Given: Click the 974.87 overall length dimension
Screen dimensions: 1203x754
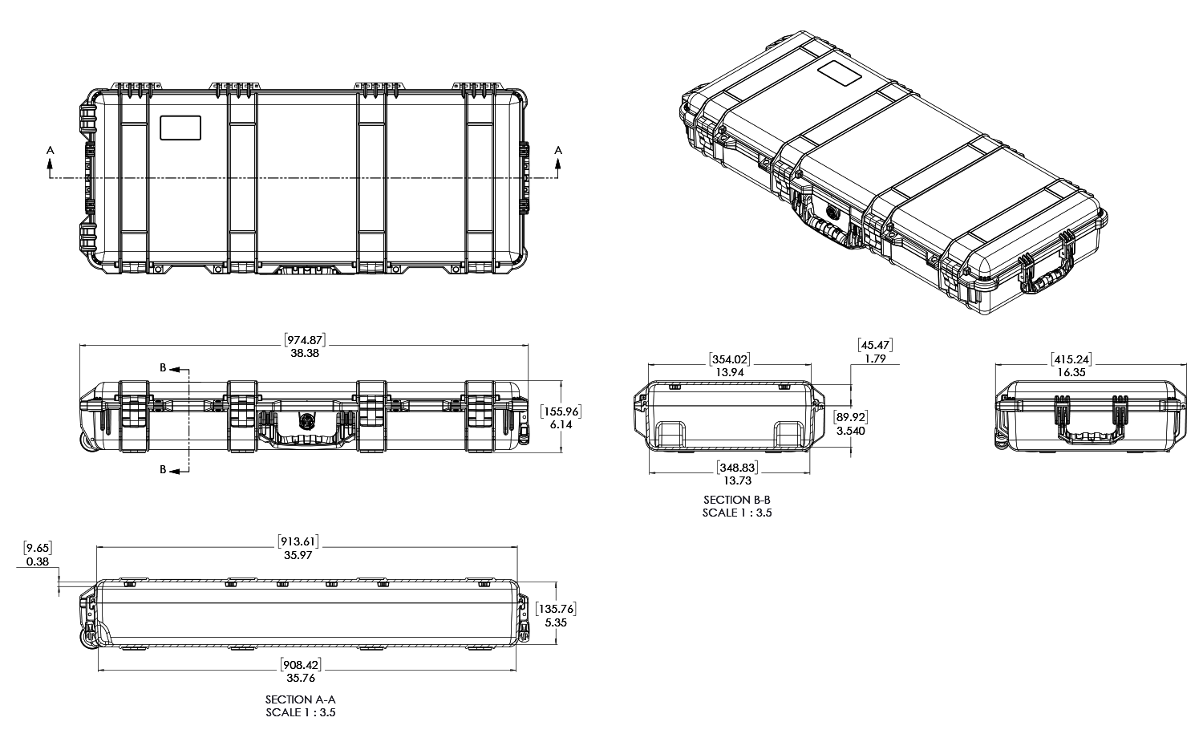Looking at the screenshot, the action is (x=305, y=340).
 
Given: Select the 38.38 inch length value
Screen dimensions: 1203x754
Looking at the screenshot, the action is (x=305, y=354).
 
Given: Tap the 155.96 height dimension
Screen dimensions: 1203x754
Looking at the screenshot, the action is (x=561, y=411).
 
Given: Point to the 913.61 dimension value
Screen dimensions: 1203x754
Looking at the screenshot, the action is (x=298, y=541).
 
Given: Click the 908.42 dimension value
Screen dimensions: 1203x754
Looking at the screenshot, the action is (x=301, y=665).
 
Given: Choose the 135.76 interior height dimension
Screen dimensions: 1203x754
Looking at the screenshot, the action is (x=556, y=609).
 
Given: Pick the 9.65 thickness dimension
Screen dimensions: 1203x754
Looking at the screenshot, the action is (x=38, y=549).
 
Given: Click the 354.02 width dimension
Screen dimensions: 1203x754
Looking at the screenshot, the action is (x=730, y=359).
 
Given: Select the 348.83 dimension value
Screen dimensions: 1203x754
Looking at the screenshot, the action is (x=737, y=468).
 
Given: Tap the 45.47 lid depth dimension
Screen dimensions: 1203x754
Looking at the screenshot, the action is (x=876, y=345).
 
